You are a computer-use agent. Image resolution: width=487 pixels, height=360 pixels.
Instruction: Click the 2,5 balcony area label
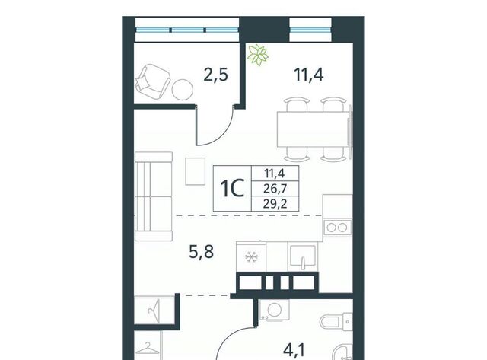pyautogui.click(x=215, y=75)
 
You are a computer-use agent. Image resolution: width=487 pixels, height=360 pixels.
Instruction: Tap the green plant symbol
pyautogui.click(x=257, y=55)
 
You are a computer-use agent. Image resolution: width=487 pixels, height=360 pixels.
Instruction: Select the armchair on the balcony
pyautogui.click(x=153, y=81)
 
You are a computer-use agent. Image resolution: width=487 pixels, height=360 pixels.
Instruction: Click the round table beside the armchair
pyautogui.click(x=183, y=90)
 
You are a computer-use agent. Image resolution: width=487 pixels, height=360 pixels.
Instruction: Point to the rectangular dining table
pyautogui.click(x=313, y=129)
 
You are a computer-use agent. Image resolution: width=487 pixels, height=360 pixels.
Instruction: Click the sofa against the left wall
pyautogui.click(x=154, y=196)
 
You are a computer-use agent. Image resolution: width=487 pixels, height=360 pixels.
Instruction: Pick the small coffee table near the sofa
pyautogui.click(x=196, y=171)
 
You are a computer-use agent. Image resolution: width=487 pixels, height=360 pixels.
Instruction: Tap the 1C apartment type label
pyautogui.click(x=232, y=189)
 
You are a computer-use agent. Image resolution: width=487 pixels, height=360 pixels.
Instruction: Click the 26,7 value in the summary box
pyautogui.click(x=275, y=189)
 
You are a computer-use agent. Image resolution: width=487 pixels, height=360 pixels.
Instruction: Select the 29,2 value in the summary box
pyautogui.click(x=275, y=204)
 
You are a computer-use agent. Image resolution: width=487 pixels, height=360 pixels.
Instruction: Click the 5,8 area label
pyautogui.click(x=201, y=252)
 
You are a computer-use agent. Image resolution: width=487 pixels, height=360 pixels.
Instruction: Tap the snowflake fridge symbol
pyautogui.click(x=251, y=256)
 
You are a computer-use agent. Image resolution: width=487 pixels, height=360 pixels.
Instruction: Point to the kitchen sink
pyautogui.click(x=303, y=257)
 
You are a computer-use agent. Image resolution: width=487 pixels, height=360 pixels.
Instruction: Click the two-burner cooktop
pyautogui.click(x=337, y=228)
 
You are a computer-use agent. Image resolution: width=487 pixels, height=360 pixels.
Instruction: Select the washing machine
pyautogui.click(x=275, y=310)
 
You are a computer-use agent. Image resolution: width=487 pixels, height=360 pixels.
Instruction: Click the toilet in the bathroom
pyautogui.click(x=336, y=321)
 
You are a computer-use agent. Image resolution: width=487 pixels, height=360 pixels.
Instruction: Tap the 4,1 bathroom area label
pyautogui.click(x=294, y=349)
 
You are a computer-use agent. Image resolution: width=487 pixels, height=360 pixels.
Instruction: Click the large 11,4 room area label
pyautogui.click(x=309, y=75)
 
